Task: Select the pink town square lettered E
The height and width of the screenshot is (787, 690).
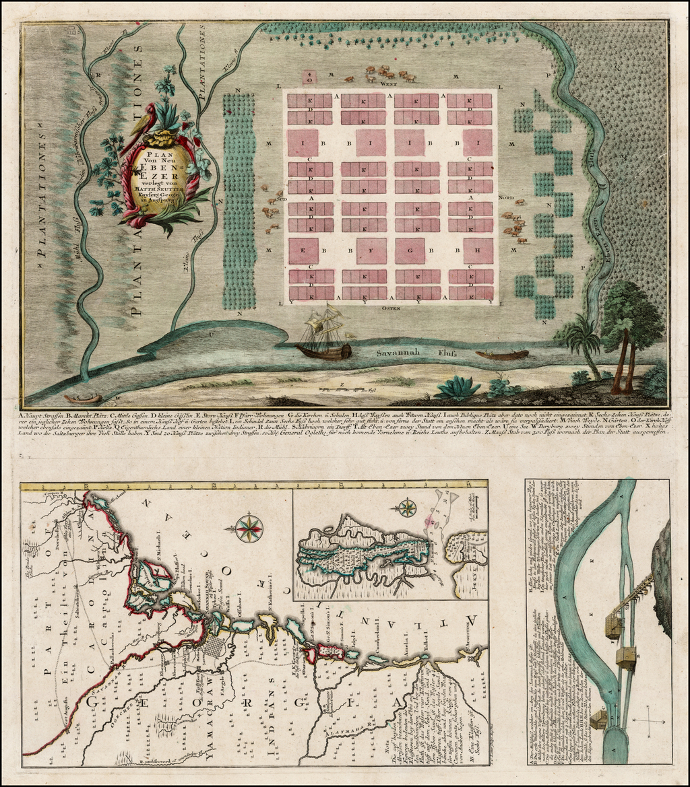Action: (304, 250)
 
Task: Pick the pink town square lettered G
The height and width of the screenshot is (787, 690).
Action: (410, 250)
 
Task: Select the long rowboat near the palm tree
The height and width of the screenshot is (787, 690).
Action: (502, 354)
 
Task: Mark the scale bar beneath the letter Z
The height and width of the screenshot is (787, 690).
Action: (344, 390)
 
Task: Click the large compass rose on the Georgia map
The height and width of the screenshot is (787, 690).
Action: (249, 527)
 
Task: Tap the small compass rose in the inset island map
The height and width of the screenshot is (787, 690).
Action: (406, 508)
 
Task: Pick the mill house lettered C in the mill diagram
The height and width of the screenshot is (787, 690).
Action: (625, 656)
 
